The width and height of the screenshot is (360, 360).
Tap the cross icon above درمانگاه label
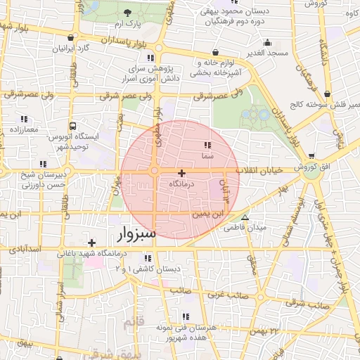pyautogui.click(x=182, y=173)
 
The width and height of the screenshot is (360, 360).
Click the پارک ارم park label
pyautogui.click(x=128, y=24)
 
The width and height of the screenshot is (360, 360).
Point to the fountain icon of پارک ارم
pyautogui.click(x=127, y=13)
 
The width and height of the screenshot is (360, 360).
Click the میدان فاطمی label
pyautogui.click(x=244, y=228)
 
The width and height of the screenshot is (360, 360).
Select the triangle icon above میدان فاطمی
pyautogui.click(x=245, y=217)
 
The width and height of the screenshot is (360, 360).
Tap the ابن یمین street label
pyautogui.click(x=233, y=211)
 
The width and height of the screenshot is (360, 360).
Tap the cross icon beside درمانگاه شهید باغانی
pyautogui.click(x=91, y=243)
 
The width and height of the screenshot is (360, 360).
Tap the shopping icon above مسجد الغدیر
pyautogui.click(x=214, y=53)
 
